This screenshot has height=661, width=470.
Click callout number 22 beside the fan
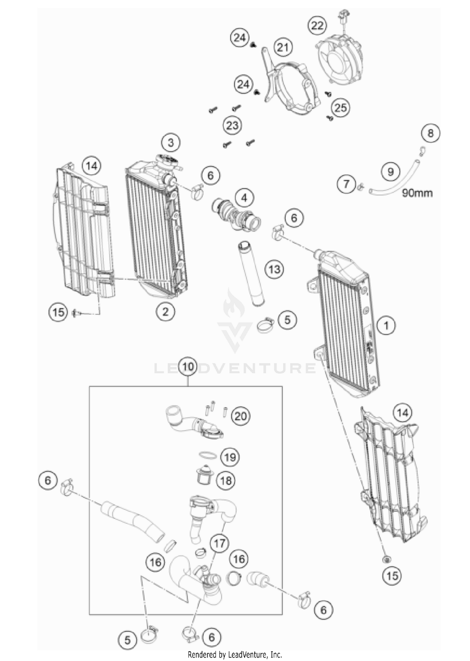[317, 25]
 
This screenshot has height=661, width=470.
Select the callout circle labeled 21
[283, 47]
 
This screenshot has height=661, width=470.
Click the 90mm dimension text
[417, 193]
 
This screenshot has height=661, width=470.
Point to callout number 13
[274, 269]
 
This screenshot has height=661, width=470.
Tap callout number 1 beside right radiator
[386, 326]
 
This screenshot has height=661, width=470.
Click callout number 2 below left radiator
[165, 312]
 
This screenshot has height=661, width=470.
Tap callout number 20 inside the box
[241, 416]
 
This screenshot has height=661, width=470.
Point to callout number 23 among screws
[232, 126]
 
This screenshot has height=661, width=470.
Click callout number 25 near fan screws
[341, 108]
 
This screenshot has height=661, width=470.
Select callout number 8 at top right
[431, 133]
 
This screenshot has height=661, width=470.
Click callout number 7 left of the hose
[346, 184]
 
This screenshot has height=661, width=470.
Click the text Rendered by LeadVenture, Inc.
[235, 655]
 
